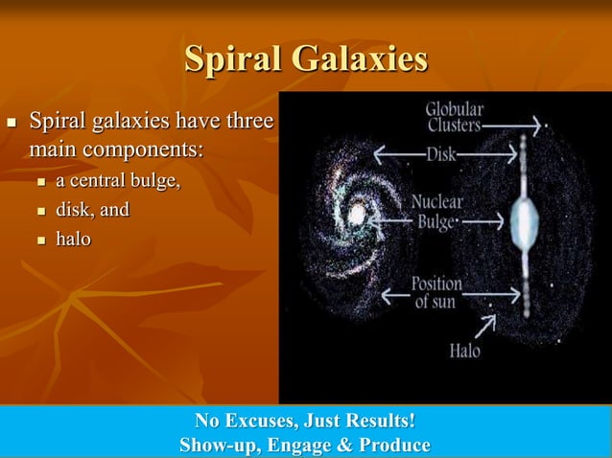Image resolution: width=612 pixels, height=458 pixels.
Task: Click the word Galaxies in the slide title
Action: pyautogui.click(x=361, y=58)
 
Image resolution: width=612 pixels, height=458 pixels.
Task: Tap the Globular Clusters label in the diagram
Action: pyautogui.click(x=454, y=116)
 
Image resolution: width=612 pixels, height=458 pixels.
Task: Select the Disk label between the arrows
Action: pyautogui.click(x=441, y=153)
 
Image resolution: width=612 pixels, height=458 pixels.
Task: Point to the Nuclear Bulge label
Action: pyautogui.click(x=436, y=212)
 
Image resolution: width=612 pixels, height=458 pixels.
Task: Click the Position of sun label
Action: pyautogui.click(x=436, y=293)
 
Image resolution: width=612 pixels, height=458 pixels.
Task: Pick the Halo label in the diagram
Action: pyautogui.click(x=465, y=352)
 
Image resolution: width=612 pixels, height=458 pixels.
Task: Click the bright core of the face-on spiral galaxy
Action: pyautogui.click(x=357, y=215)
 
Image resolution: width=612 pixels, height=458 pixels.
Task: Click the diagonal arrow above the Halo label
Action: pyautogui.click(x=484, y=326)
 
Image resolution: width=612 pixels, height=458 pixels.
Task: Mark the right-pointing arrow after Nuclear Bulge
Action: pyautogui.click(x=483, y=221)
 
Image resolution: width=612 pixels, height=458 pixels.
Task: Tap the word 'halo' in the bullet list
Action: pyautogui.click(x=74, y=239)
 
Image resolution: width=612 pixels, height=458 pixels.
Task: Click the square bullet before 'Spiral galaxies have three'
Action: pyautogui.click(x=12, y=125)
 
